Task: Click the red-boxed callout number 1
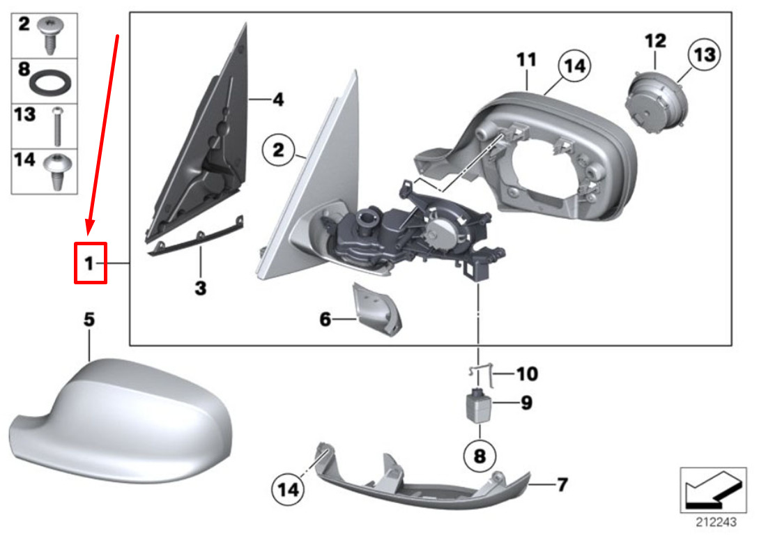click(x=89, y=263)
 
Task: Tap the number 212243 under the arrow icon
click(x=716, y=522)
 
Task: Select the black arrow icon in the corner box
click(x=713, y=491)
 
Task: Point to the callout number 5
click(x=89, y=320)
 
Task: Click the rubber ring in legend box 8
click(x=52, y=82)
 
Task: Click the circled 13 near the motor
click(x=705, y=54)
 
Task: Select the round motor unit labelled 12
click(x=654, y=101)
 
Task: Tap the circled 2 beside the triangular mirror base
click(x=278, y=150)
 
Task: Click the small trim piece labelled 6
click(x=378, y=309)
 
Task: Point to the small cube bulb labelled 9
click(x=478, y=406)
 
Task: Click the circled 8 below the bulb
click(x=480, y=456)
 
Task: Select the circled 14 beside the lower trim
click(x=288, y=489)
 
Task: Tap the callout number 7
click(x=562, y=484)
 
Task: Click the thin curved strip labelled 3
click(x=195, y=237)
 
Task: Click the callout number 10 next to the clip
click(x=527, y=373)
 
